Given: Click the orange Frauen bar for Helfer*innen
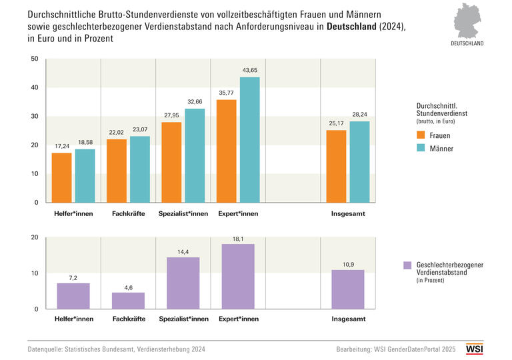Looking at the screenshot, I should (x=61, y=177).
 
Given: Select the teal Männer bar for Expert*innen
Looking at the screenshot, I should (x=250, y=139).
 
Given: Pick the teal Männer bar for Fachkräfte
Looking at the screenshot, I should (x=140, y=169).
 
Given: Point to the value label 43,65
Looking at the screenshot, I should (x=250, y=71).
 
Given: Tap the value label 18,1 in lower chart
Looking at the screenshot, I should (x=238, y=238).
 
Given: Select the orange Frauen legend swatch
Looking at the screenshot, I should (x=421, y=135).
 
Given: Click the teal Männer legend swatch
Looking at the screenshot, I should (x=421, y=149).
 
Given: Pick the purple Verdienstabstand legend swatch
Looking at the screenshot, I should (x=407, y=265).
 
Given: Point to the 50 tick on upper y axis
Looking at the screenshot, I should (x=35, y=59).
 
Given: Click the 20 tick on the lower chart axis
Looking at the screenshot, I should (x=35, y=237).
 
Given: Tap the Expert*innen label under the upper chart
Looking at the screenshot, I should (x=238, y=213).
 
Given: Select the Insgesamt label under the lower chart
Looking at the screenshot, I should (x=348, y=319).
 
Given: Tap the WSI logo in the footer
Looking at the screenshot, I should (x=474, y=349).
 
